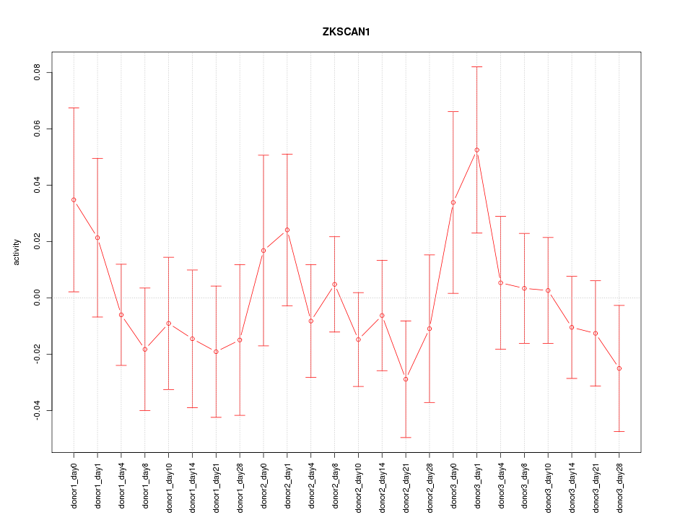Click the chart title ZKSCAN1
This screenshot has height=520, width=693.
click(346, 32)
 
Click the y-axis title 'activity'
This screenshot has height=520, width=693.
click(17, 252)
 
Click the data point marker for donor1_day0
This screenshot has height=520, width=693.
click(74, 199)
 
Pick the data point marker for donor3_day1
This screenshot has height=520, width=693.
click(476, 150)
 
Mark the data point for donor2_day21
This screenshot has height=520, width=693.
click(406, 379)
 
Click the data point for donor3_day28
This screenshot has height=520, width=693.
click(619, 368)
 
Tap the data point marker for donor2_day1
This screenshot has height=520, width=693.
click(287, 230)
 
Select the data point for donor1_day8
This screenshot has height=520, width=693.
click(145, 349)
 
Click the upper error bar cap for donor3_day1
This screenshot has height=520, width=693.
click(476, 66)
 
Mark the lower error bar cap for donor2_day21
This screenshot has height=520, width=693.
click(406, 438)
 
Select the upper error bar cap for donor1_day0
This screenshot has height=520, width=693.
click(74, 108)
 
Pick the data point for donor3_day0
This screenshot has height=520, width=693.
click(453, 202)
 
